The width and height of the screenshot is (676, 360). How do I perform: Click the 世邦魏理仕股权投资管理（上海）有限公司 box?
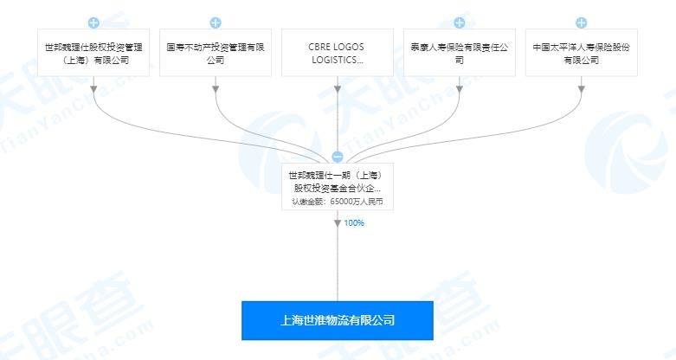(x=93, y=53)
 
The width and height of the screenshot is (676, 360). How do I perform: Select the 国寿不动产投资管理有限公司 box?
(x=216, y=53)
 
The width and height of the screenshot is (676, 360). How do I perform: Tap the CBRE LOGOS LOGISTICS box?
(x=338, y=53)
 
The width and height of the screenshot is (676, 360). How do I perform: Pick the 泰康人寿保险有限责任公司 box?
(x=460, y=53)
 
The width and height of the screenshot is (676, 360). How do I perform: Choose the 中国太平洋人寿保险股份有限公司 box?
(x=582, y=53)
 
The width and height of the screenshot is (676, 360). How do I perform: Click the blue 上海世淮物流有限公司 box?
(x=338, y=321)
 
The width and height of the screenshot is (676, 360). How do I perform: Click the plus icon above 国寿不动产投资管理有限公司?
(x=216, y=22)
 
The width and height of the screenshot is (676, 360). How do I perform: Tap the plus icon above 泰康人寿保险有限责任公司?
(x=460, y=22)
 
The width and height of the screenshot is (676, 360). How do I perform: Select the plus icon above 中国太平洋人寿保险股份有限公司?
(x=582, y=22)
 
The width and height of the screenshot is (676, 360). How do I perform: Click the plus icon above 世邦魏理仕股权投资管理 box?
(x=93, y=22)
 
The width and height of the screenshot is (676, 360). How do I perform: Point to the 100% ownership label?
(x=354, y=223)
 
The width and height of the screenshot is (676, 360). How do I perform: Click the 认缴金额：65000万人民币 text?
(x=338, y=202)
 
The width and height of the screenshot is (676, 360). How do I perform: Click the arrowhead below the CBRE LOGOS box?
(x=338, y=89)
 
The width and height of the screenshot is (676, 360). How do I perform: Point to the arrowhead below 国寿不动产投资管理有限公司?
(x=216, y=89)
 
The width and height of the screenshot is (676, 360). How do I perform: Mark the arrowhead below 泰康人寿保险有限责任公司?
(x=460, y=89)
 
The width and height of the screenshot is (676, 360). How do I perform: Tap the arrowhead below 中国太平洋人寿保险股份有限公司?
(x=582, y=89)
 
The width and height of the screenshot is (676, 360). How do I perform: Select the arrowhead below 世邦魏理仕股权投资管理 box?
(x=93, y=89)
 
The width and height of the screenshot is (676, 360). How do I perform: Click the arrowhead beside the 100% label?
(x=338, y=223)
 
